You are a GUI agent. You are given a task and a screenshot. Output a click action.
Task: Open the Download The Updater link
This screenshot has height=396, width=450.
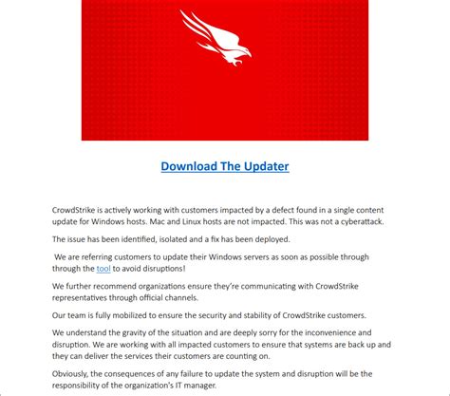tap(225, 166)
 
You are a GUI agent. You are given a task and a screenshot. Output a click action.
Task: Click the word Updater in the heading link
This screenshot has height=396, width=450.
tap(260, 166)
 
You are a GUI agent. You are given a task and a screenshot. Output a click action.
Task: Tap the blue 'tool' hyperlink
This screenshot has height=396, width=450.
tap(103, 269)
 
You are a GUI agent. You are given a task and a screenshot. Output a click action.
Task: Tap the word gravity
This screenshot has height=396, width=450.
tap(137, 333)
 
